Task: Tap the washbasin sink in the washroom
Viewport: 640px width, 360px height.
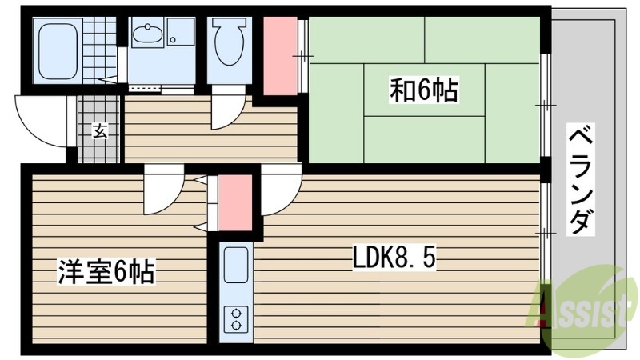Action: tap(150, 35)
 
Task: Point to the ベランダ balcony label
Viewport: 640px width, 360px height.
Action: tap(582, 178)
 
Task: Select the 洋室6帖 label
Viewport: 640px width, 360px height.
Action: tap(106, 272)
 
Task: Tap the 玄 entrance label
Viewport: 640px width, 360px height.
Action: tap(99, 131)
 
